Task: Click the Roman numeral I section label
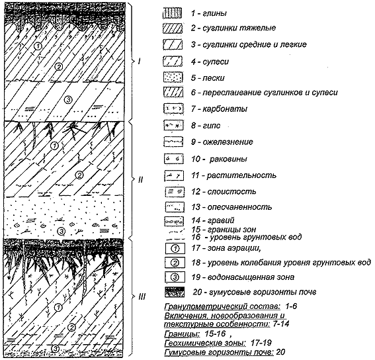tap(139, 62)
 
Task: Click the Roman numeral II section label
tap(140, 179)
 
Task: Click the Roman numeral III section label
tap(142, 297)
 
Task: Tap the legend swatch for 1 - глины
tap(172, 13)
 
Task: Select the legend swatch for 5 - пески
tap(173, 77)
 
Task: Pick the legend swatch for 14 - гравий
tap(174, 222)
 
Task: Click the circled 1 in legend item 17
tap(175, 249)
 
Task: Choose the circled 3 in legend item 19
tap(175, 277)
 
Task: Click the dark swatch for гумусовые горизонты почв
tap(175, 292)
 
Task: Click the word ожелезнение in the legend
tap(228, 142)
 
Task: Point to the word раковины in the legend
tap(228, 159)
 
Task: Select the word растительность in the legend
tap(241, 175)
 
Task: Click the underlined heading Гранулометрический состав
tap(222, 306)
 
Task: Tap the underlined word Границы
tap(183, 334)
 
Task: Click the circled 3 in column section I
tap(68, 99)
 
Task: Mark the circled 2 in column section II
tap(79, 175)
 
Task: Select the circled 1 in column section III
tap(58, 307)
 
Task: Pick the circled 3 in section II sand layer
tap(62, 231)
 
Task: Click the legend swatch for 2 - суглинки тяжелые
tap(173, 28)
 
